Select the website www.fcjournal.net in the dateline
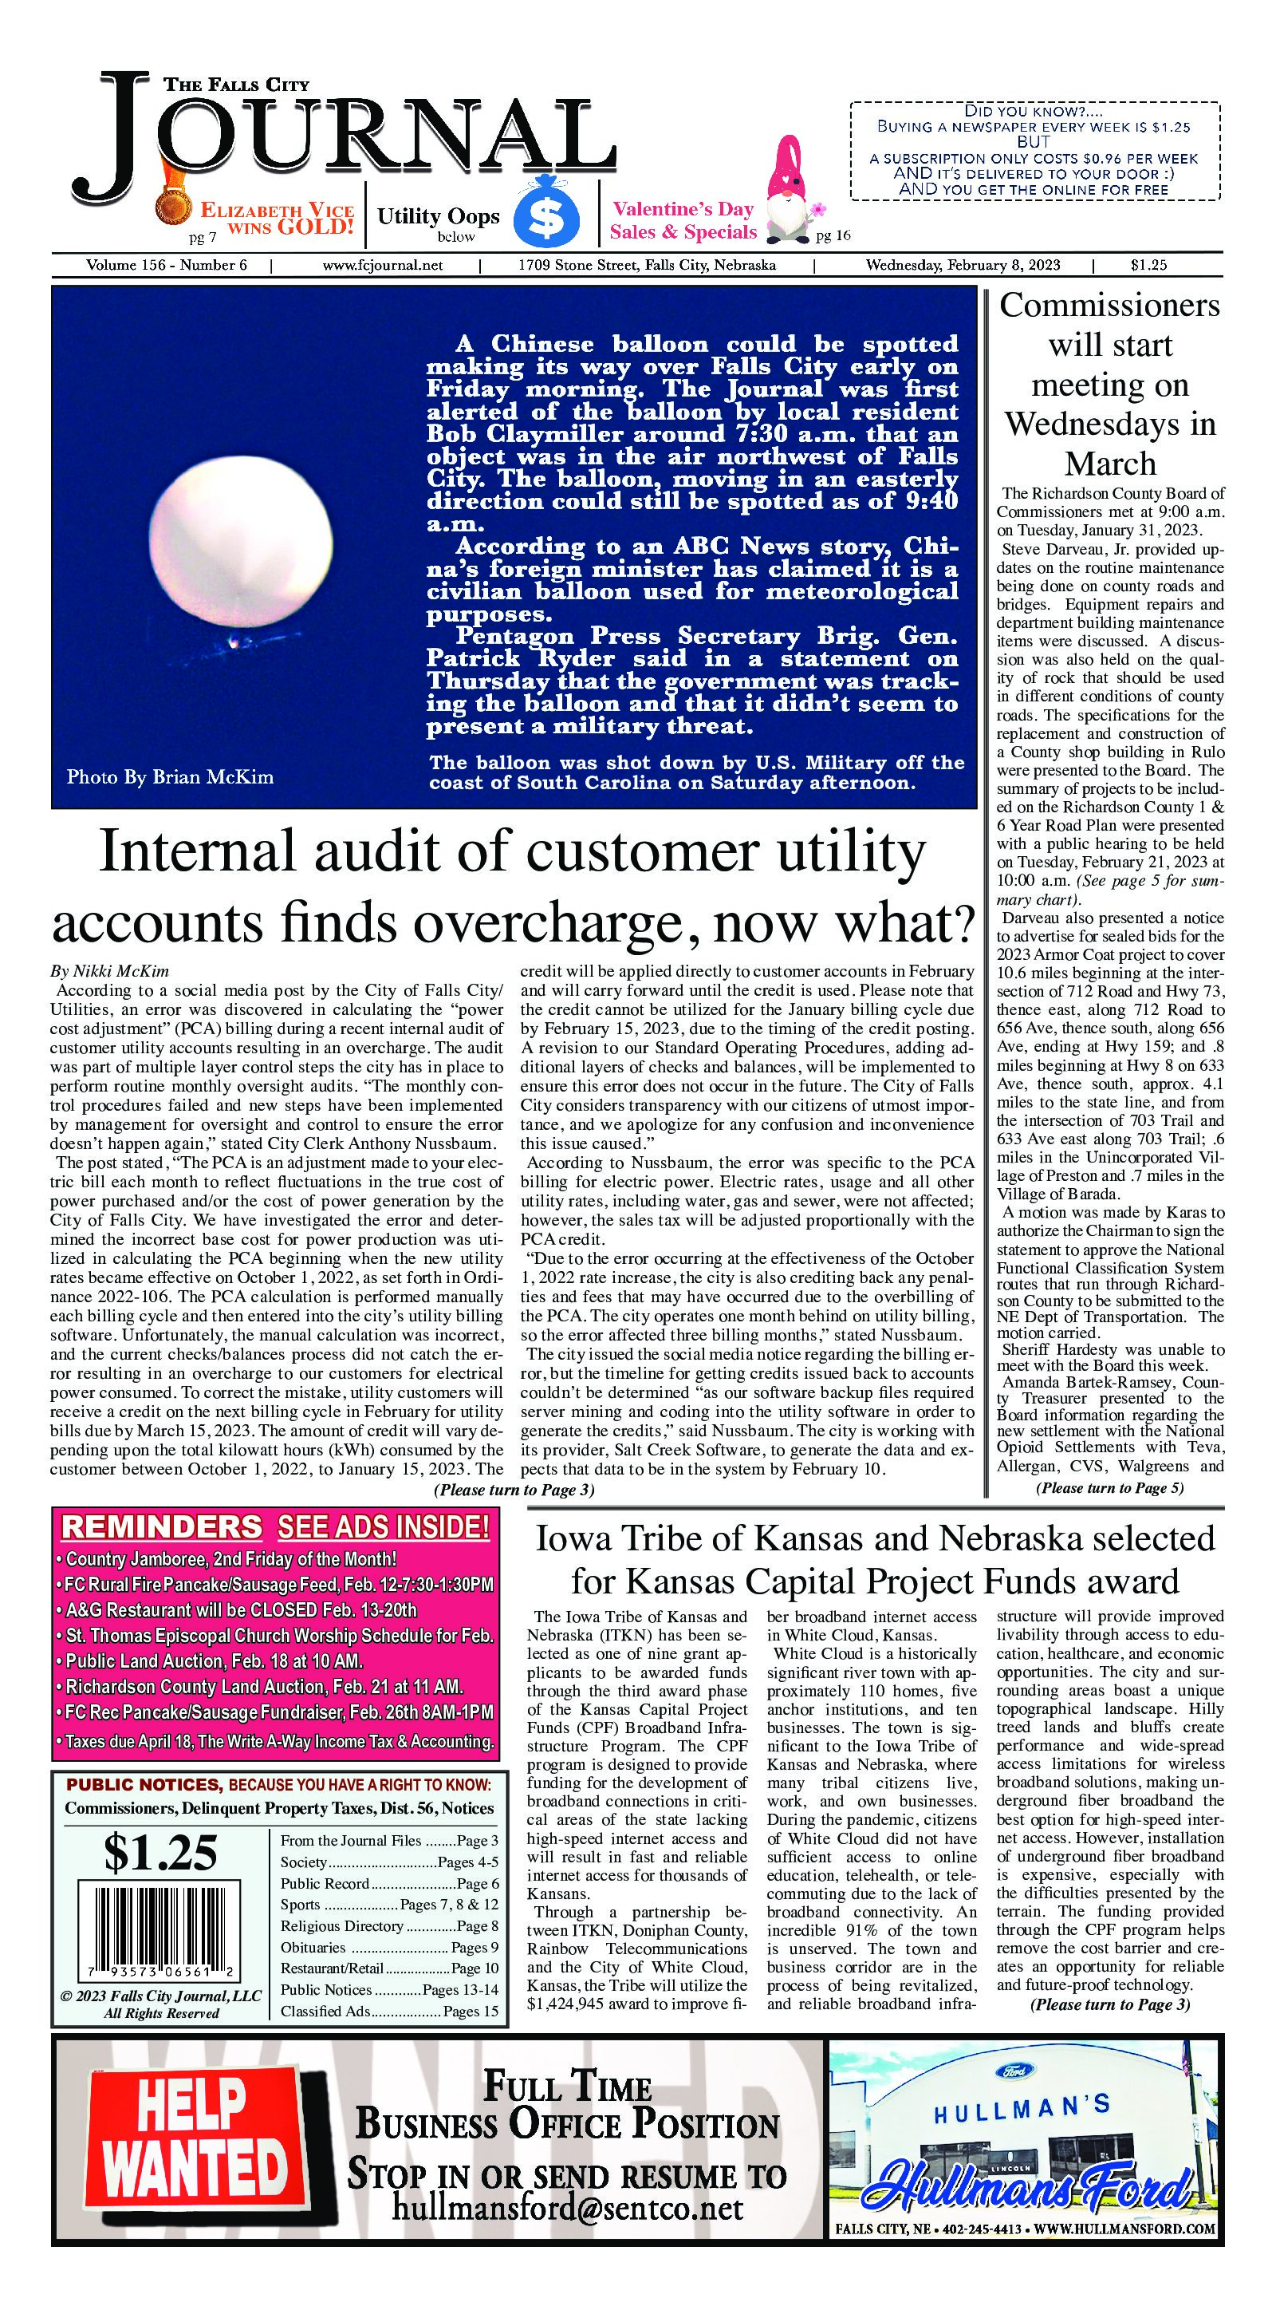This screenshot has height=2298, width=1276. (x=383, y=265)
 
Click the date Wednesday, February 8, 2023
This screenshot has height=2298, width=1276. (x=962, y=265)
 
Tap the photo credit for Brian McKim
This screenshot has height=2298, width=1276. (x=169, y=777)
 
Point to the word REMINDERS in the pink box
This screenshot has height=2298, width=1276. (x=161, y=1527)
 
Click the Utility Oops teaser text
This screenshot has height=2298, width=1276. (x=438, y=216)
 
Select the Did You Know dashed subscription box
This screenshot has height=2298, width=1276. (x=1034, y=151)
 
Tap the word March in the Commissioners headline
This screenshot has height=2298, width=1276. (x=1109, y=464)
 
